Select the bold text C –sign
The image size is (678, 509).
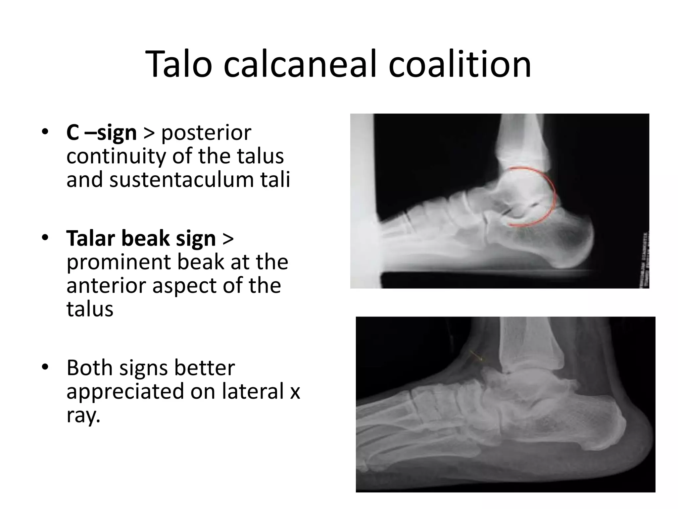pos(101,133)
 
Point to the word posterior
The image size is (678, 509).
pos(206,133)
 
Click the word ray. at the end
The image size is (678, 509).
pos(83,415)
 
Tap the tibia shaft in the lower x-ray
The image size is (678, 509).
pos(520,341)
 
